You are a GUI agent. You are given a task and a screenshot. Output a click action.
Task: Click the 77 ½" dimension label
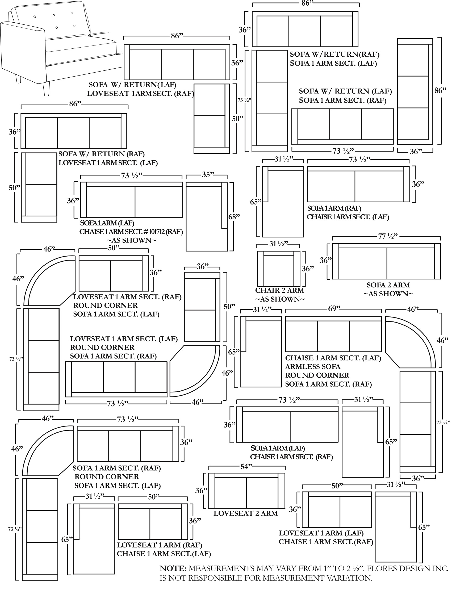(388, 236)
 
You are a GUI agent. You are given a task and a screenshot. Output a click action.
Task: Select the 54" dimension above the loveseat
(246, 467)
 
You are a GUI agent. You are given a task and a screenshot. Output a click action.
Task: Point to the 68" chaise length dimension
(234, 217)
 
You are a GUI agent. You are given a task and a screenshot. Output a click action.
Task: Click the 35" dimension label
(208, 175)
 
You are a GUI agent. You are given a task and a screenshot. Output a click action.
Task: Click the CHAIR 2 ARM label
(279, 290)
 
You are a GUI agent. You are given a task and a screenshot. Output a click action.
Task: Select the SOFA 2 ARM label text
(388, 285)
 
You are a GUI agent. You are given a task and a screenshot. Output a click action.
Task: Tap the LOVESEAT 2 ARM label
(246, 513)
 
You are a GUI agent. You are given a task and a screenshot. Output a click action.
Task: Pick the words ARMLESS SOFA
(313, 366)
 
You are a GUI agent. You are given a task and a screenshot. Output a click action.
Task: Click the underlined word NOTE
(173, 568)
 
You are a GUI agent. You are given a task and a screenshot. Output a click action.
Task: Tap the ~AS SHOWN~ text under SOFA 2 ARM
(388, 294)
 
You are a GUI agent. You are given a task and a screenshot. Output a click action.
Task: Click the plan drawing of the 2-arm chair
(278, 269)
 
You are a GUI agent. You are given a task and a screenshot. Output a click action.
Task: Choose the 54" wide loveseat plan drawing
(247, 491)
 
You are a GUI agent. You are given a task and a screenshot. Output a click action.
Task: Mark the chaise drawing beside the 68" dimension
(207, 217)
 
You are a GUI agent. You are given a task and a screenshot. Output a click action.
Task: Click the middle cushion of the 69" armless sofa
(334, 336)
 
